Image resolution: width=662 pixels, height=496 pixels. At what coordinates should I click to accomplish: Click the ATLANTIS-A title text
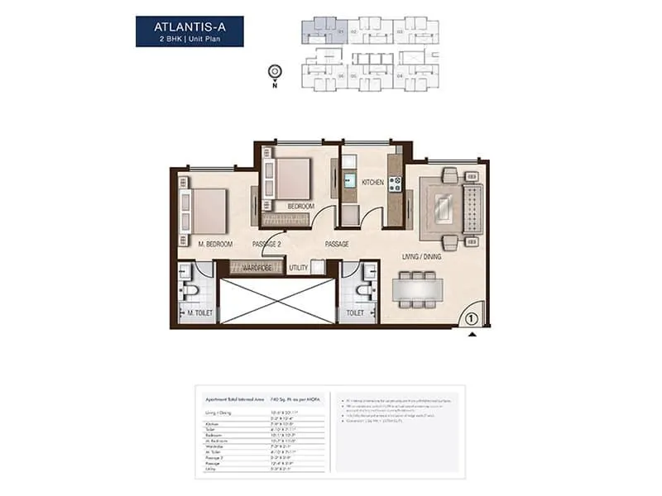189,26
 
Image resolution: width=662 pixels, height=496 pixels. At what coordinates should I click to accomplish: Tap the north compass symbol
274,73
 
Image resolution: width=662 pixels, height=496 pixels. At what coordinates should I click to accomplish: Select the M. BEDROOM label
215,244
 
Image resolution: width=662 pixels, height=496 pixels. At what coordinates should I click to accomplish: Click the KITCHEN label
372,183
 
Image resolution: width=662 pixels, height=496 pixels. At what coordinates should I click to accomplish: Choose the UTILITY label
299,268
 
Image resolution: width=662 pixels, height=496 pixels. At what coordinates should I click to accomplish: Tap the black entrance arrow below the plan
473,334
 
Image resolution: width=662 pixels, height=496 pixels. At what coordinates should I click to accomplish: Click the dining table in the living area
416,290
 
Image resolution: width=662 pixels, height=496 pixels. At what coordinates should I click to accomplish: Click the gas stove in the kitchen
395,183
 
